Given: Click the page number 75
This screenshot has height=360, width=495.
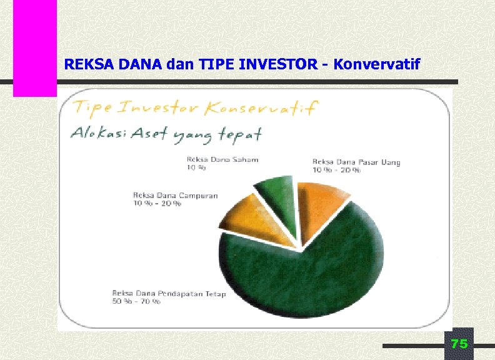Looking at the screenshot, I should (459, 344).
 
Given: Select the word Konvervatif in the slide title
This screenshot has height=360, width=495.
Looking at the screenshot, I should (377, 64).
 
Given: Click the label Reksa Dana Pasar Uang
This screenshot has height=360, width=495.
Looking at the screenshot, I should (356, 162).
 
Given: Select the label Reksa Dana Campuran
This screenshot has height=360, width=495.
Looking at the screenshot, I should (175, 196).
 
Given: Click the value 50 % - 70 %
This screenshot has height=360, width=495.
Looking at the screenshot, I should (136, 301).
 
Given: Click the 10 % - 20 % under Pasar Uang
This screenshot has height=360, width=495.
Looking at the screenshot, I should (336, 171).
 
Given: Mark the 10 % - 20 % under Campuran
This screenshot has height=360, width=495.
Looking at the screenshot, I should (157, 204).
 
